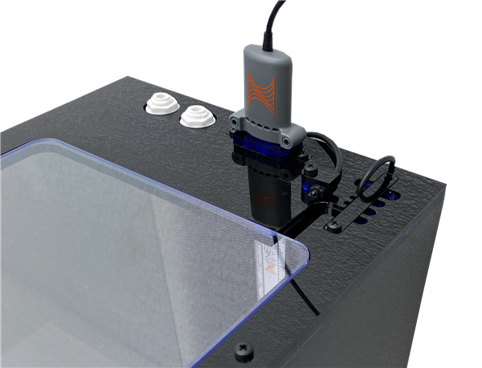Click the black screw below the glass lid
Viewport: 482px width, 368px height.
[x=243, y=351]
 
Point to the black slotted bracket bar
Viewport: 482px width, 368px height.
[x=353, y=211]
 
